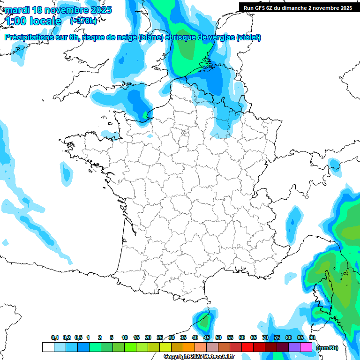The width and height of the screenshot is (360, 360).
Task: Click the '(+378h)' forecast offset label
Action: pos(83,21)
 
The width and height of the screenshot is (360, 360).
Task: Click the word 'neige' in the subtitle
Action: pos(127,37)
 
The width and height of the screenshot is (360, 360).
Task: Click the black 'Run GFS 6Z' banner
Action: pos(298,8)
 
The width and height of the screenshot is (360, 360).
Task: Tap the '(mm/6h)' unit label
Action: pos(327,347)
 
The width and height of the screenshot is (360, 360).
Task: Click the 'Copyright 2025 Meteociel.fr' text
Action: pos(199,356)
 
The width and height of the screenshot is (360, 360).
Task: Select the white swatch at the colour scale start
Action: pos(48,347)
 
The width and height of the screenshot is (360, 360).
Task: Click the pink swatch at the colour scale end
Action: pos(306,347)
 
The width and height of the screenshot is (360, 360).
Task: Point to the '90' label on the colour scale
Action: pos(312,337)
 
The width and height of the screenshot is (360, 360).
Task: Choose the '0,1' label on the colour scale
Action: pos(55,337)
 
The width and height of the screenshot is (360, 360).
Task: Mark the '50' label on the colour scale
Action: pos(218,337)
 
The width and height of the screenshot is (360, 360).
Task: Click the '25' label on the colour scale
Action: pos(160,337)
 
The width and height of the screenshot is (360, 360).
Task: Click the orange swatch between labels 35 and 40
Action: pos(189,347)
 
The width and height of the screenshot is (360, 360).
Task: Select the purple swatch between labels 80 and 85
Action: pos(294,347)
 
